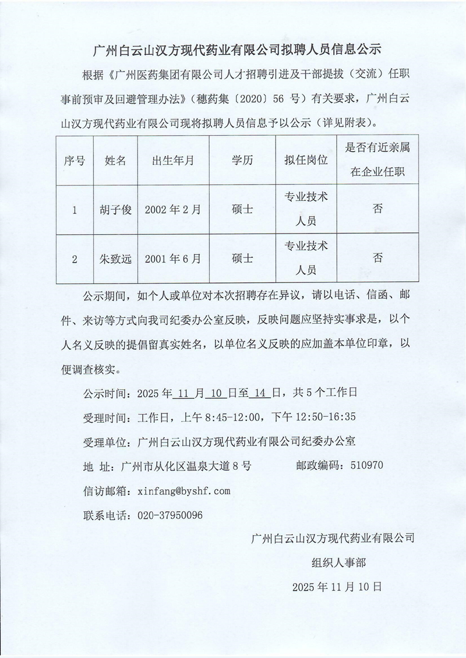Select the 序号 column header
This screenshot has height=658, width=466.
click(75, 161)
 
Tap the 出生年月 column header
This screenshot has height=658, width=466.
click(172, 161)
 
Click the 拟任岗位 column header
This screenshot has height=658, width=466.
click(306, 161)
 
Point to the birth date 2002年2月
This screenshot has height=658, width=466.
click(172, 210)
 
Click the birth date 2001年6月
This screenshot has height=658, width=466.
click(172, 258)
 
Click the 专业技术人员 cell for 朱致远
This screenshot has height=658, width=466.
click(306, 258)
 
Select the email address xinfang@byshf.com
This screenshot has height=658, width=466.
click(184, 491)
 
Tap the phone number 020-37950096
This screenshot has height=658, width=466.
click(170, 515)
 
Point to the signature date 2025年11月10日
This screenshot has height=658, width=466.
click(337, 586)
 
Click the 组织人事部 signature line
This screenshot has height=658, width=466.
click(339, 562)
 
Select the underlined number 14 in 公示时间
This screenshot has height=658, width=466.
click(260, 392)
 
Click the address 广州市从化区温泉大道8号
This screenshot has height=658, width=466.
click(185, 466)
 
